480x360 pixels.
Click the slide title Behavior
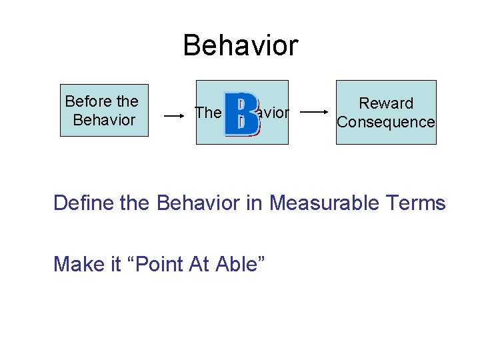pos(240,45)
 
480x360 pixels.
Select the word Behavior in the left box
pos(104,121)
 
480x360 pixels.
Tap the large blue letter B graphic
pos(241,113)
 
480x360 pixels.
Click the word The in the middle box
pos(207,113)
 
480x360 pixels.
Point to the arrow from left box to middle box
pos(174,115)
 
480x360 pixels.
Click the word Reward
pos(386,103)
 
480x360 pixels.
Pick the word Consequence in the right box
pos(386,122)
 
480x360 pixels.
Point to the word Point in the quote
pos(154,264)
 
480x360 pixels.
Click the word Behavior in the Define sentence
pos(197,203)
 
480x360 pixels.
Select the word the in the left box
pos(127,102)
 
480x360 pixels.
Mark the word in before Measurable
pos(254,203)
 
